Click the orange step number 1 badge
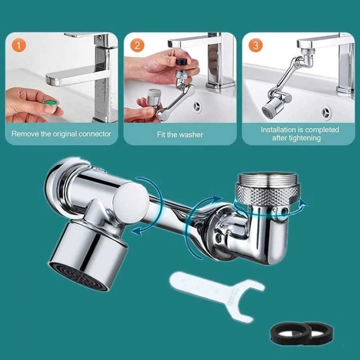click(19, 45)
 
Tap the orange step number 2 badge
click(137, 45)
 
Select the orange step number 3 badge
click(256, 45)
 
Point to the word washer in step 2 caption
click(191, 135)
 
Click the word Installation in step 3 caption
click(278, 130)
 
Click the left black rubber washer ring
click(290, 333)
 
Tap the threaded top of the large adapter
click(268, 178)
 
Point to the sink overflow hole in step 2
click(197, 106)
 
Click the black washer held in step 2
click(182, 62)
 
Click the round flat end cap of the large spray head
click(131, 202)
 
